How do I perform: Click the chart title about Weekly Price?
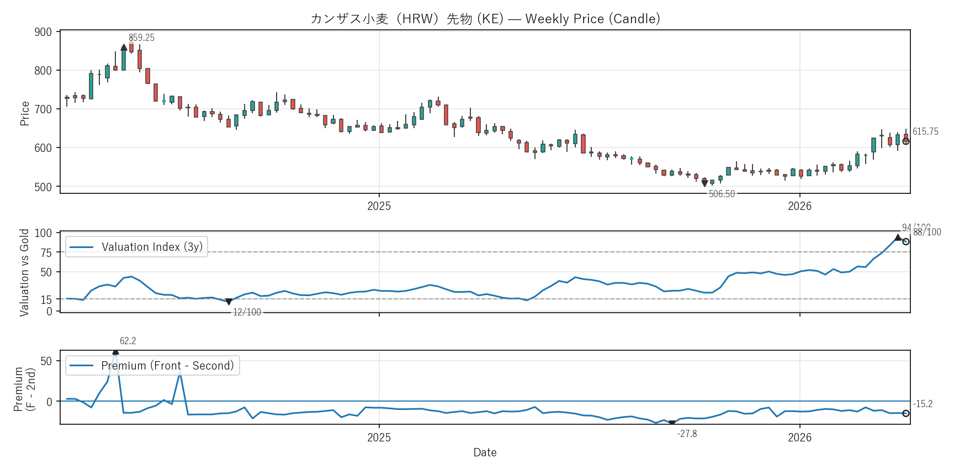tap(485, 19)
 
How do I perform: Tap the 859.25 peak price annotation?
tap(141, 38)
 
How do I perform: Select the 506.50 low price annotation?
tap(722, 194)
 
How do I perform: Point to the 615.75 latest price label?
tap(925, 131)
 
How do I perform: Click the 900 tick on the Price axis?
tap(43, 32)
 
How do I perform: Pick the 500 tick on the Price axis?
tap(43, 187)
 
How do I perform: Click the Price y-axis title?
tap(25, 113)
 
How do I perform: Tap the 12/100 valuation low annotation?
tap(247, 312)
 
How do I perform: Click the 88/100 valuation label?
tap(927, 233)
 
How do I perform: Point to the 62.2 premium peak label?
tap(128, 341)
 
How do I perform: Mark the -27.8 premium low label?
tap(687, 434)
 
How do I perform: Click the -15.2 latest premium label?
tap(923, 404)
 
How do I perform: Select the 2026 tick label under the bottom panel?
tap(799, 438)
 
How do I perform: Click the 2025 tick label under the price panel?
tap(379, 206)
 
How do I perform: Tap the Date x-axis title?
tap(485, 452)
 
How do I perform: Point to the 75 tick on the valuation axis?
tap(46, 252)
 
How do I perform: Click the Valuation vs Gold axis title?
tap(24, 272)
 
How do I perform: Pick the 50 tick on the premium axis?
tap(46, 361)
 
